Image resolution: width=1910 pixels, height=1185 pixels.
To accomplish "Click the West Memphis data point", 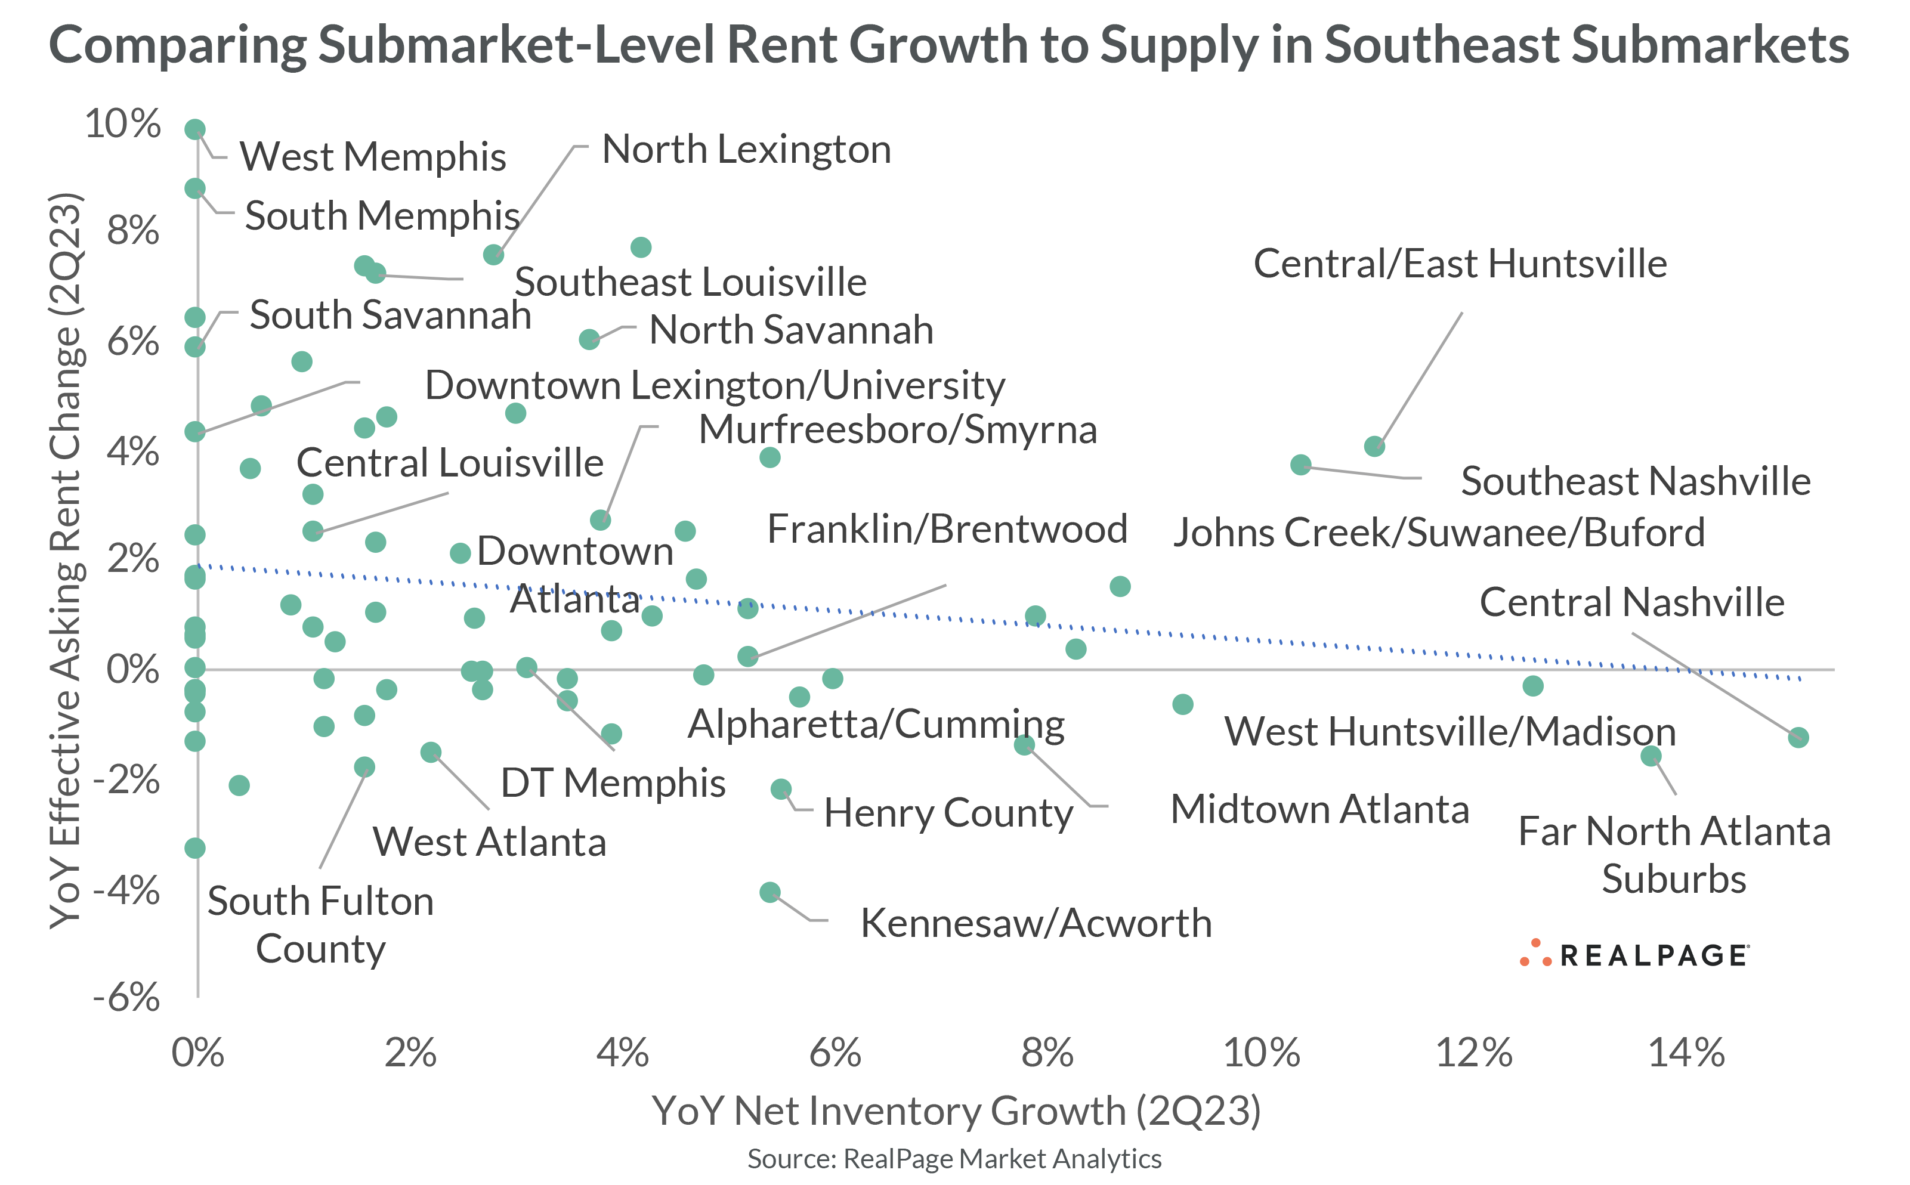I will pos(195,129).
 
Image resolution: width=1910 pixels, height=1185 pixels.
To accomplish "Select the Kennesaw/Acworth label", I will pos(1036,923).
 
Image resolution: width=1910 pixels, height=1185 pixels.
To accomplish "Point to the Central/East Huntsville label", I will pos(1460,264).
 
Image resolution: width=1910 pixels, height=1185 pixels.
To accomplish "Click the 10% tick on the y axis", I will pos(123,124).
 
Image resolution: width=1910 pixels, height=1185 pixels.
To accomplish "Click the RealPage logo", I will pos(1634,955).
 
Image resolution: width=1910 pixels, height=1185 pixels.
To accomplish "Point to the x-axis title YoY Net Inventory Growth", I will pos(956,1111).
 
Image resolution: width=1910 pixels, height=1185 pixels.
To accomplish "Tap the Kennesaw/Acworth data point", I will pos(769,893).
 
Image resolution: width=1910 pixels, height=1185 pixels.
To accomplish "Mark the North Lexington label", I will pos(746,150).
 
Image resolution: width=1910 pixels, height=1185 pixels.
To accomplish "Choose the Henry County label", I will pos(948,813).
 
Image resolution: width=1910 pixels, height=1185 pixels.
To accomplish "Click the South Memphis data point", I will pos(195,189).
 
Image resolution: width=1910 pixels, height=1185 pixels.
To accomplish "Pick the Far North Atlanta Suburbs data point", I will pos(1651,756).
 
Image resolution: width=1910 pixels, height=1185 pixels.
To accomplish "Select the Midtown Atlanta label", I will pos(1319,810).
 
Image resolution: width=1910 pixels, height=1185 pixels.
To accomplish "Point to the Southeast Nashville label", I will pos(1635,481).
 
